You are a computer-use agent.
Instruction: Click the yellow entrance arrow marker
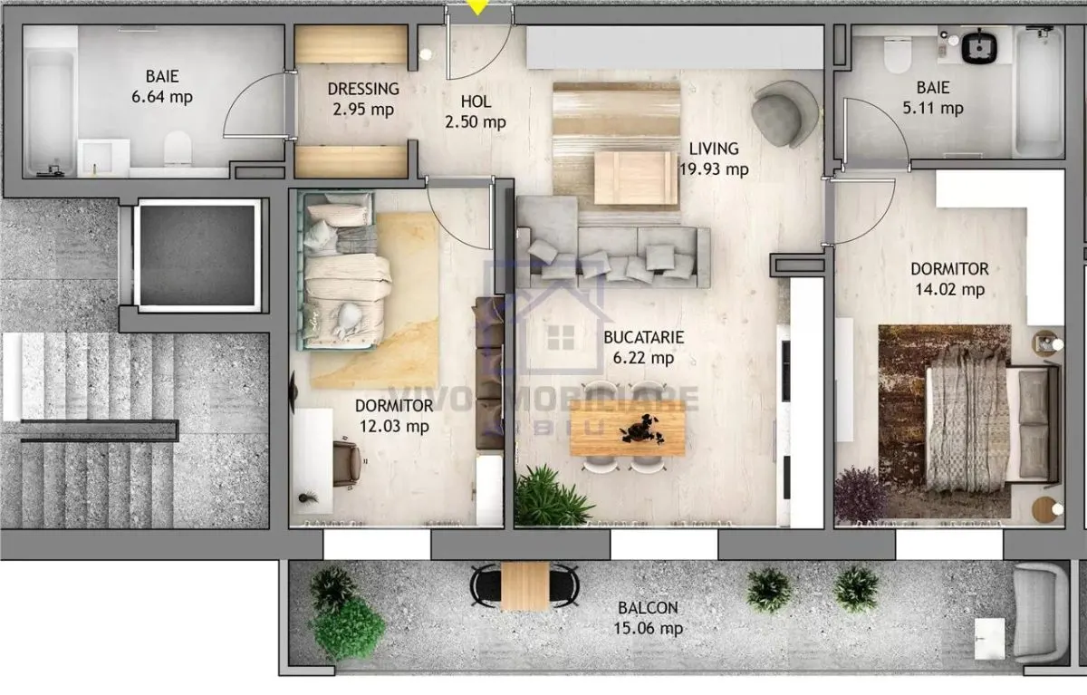coord(478,6)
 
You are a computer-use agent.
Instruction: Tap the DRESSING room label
coord(363,89)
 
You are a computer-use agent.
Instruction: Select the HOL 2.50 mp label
coord(476,111)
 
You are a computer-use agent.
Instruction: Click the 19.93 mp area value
coord(714,169)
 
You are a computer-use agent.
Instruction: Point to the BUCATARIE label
coord(643,337)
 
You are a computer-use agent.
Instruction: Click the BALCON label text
coord(648,608)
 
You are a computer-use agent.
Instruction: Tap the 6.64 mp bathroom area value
coord(162,97)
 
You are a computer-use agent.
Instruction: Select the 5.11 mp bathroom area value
coord(933,108)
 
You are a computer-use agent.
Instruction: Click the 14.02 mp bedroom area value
coord(949,289)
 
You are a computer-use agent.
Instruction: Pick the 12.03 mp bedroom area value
coord(394,426)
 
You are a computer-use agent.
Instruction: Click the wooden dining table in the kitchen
coord(627,428)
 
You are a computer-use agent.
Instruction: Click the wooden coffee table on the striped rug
coord(636,178)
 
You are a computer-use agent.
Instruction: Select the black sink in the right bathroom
coord(980,46)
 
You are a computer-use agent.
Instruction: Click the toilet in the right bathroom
coord(898,54)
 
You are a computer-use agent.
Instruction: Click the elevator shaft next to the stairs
coord(197,256)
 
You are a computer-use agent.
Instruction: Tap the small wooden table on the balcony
coord(525,585)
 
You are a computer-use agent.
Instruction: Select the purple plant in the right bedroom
coord(861,494)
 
